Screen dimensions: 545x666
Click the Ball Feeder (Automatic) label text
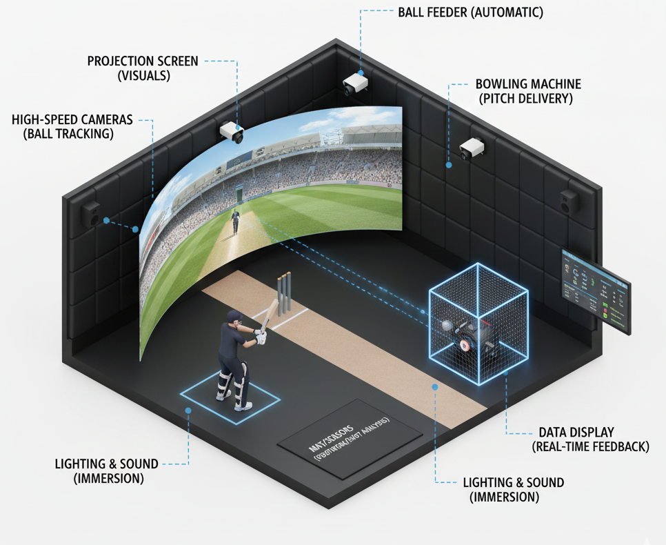(x=470, y=12)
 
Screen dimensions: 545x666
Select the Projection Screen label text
(x=143, y=61)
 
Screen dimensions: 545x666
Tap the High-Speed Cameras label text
(x=72, y=120)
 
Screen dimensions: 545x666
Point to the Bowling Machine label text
(x=528, y=84)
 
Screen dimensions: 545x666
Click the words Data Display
(x=576, y=432)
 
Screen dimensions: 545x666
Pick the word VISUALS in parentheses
(x=143, y=76)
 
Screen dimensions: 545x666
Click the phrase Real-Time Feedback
(x=591, y=446)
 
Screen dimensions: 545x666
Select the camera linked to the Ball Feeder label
(x=356, y=84)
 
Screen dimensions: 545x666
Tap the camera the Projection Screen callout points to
(x=231, y=132)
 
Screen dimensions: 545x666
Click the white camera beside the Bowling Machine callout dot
(x=472, y=148)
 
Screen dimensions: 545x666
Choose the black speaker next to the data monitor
(x=569, y=201)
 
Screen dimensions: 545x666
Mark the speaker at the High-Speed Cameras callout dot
(x=92, y=215)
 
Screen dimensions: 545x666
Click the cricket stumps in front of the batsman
(x=283, y=295)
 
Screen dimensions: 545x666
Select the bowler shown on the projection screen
(x=236, y=221)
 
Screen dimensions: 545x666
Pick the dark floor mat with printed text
(x=350, y=439)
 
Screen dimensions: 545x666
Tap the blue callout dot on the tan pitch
(x=435, y=387)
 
